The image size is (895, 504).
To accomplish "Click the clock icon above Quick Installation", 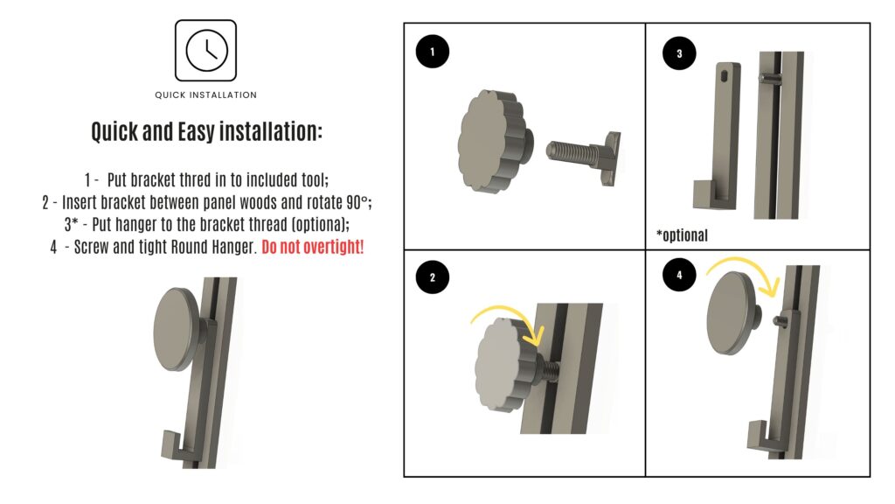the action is pyautogui.click(x=206, y=50).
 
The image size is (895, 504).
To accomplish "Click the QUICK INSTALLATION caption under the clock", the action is pyautogui.click(x=205, y=94).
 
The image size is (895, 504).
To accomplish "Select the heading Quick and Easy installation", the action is pyautogui.click(x=206, y=131).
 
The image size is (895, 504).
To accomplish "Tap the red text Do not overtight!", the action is pyautogui.click(x=312, y=247).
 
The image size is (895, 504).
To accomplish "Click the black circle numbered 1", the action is pyautogui.click(x=432, y=52).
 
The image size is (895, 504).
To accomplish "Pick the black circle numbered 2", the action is pyautogui.click(x=432, y=277).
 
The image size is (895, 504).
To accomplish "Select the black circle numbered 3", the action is pyautogui.click(x=679, y=53).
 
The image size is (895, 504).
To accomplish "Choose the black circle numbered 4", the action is pyautogui.click(x=679, y=275).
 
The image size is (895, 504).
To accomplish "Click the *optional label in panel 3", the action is pyautogui.click(x=682, y=235).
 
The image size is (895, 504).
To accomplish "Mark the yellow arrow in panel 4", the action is pyautogui.click(x=742, y=262).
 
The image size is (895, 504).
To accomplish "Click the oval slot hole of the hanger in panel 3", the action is pyautogui.click(x=725, y=76).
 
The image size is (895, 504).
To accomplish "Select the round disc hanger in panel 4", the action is pyautogui.click(x=734, y=312).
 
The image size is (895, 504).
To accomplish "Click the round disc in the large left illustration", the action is pyautogui.click(x=177, y=330).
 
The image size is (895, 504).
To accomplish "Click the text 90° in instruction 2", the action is pyautogui.click(x=357, y=202).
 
